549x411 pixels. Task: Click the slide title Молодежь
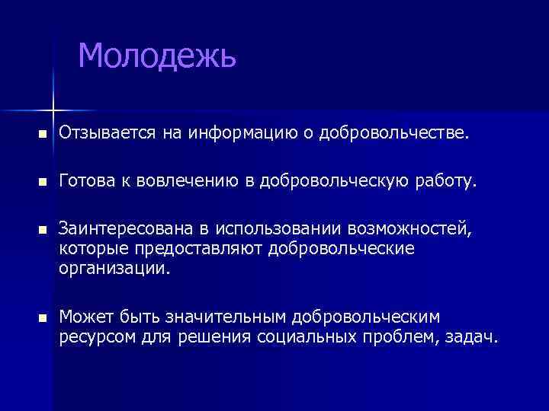158,56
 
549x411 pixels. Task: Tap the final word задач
472,336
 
